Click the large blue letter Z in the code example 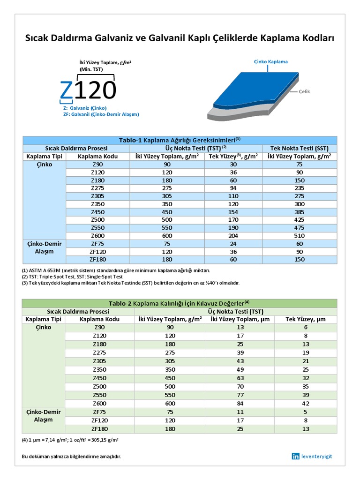tap(67, 90)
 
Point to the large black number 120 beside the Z tap(95, 90)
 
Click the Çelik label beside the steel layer tap(305, 92)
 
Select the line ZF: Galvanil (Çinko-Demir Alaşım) tap(101, 114)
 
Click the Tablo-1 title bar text tap(180, 140)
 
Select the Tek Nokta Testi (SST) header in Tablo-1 tap(299, 148)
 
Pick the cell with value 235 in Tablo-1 tap(299, 188)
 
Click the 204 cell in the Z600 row tap(233, 236)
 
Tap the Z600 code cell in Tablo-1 tap(98, 236)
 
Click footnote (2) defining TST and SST tap(78, 277)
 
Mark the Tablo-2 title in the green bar tap(179, 303)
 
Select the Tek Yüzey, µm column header tap(305, 319)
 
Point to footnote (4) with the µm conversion tap(70, 440)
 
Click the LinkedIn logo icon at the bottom tap(295, 456)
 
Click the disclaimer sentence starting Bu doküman tap(75, 457)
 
